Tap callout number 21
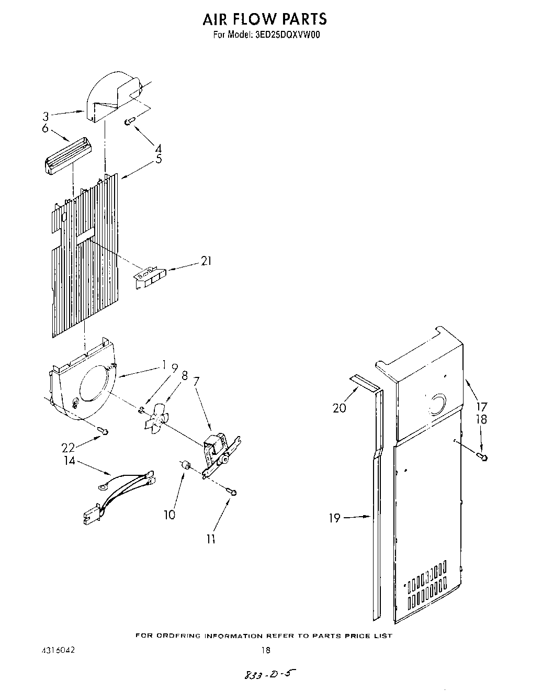[x=206, y=261]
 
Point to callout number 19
[x=334, y=518]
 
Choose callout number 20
[x=340, y=407]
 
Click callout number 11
[x=211, y=538]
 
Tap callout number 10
[x=169, y=515]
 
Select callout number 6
[x=45, y=128]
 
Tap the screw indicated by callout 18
[x=483, y=458]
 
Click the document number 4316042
[x=58, y=651]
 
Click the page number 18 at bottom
[x=265, y=651]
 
